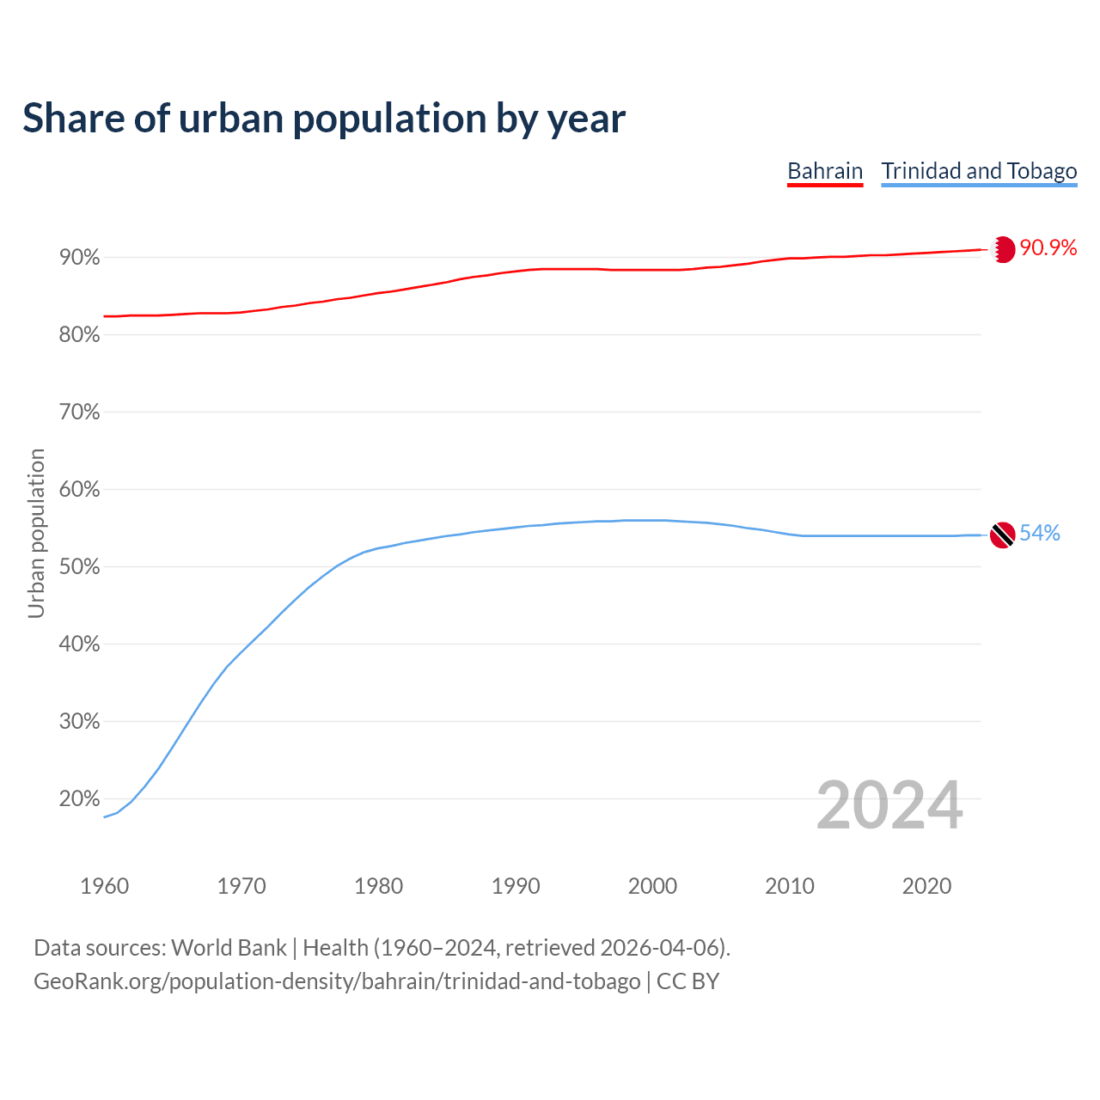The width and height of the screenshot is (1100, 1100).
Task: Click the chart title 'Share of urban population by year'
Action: [324, 119]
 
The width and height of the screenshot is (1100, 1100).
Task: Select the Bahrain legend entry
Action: [825, 171]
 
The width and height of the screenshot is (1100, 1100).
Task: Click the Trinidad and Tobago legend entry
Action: [979, 171]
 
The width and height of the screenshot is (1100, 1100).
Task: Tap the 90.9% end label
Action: [1048, 248]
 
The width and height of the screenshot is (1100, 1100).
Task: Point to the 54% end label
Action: [1040, 534]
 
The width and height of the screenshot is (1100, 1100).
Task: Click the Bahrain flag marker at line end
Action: [1002, 249]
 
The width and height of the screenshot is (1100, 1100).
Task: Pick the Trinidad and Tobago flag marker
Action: [1002, 535]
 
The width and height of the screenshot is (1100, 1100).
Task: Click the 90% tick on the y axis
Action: [80, 258]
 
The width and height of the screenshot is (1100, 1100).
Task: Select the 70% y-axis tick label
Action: [80, 412]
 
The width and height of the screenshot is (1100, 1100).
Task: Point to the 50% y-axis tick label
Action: [80, 567]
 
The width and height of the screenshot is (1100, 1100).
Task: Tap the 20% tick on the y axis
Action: [80, 799]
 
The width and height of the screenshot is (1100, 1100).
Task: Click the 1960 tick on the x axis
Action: [104, 886]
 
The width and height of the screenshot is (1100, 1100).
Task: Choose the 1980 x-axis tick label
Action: [378, 886]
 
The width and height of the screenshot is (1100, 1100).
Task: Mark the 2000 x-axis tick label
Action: [652, 886]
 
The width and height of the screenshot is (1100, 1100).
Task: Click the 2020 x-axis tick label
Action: [926, 886]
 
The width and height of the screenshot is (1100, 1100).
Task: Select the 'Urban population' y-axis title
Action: [36, 533]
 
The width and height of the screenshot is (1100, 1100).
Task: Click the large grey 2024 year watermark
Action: [889, 806]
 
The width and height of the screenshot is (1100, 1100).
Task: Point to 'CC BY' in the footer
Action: [687, 981]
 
